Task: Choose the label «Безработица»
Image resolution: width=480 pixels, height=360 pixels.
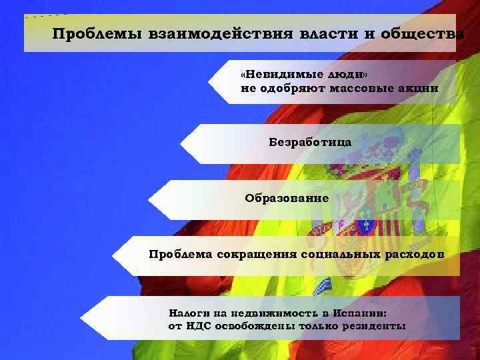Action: coord(310,142)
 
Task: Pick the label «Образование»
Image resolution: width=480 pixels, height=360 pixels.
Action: coord(287,198)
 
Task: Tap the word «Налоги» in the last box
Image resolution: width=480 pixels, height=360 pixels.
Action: coord(189,311)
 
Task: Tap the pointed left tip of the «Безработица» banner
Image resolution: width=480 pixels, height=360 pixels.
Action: coord(181,142)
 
